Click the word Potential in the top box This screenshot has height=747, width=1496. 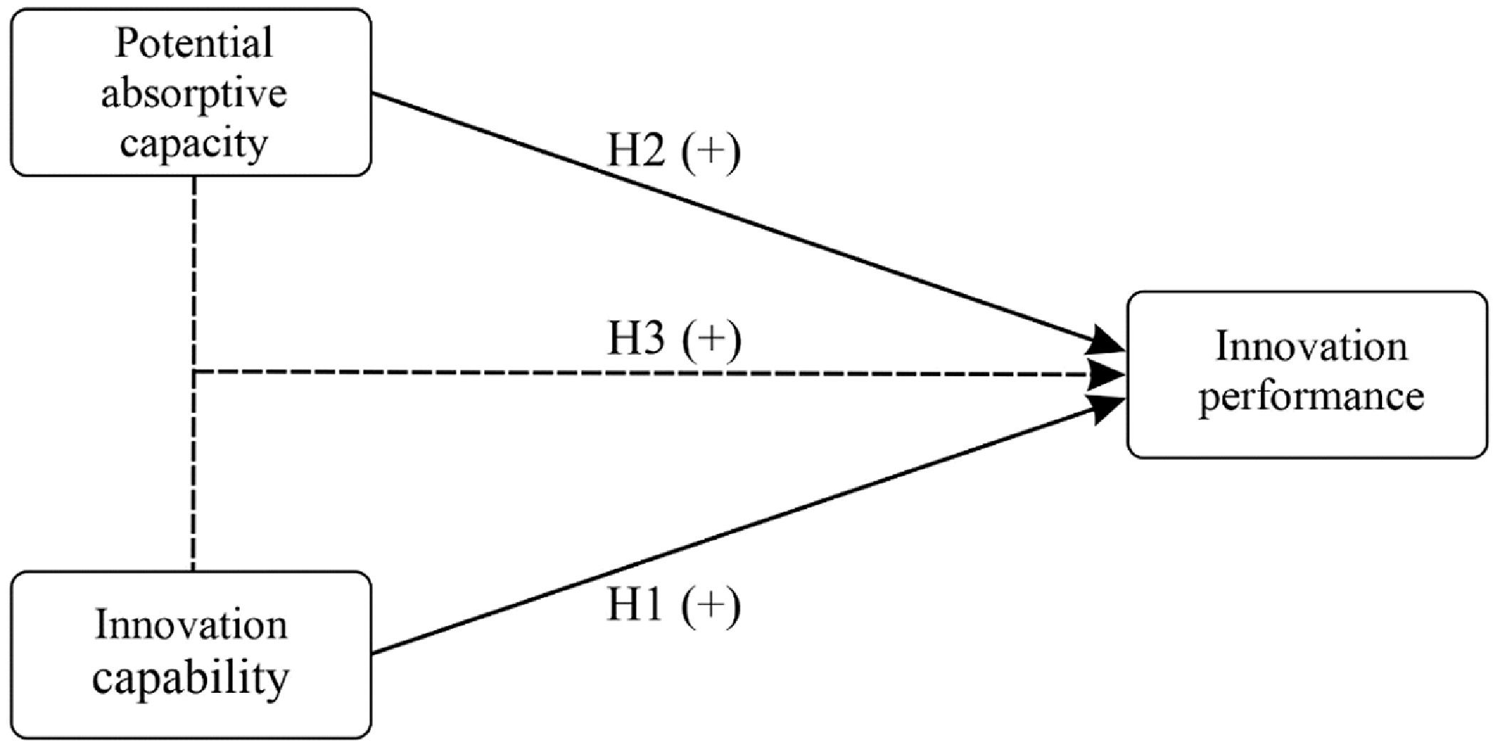coord(194,44)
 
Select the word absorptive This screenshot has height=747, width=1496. coord(194,94)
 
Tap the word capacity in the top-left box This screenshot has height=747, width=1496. coord(194,144)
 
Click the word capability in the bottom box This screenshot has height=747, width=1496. coord(191,677)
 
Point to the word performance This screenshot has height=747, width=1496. coord(1311,397)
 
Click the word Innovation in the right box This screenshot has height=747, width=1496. coord(1311,348)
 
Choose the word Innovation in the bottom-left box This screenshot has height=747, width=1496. coord(191,626)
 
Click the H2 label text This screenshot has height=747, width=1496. coord(636,152)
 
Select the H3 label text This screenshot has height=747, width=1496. coord(636,339)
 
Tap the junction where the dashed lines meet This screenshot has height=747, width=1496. coord(194,372)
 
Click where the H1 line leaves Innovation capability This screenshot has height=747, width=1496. coord(373,652)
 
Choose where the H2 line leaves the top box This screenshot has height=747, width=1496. coord(373,94)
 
